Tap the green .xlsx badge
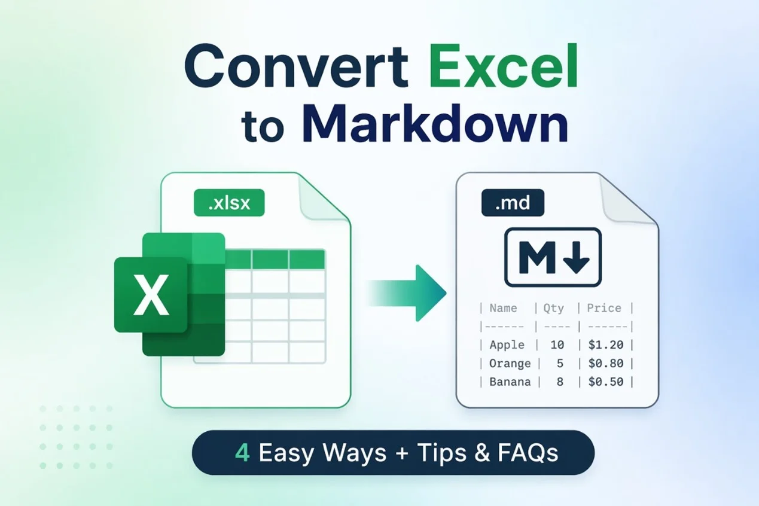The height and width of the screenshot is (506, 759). pyautogui.click(x=228, y=203)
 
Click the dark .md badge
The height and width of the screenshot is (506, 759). pyautogui.click(x=513, y=203)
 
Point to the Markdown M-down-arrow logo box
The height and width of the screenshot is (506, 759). pyautogui.click(x=553, y=257)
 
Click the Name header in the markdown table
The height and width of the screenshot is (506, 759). pyautogui.click(x=503, y=308)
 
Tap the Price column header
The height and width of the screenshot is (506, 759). pyautogui.click(x=603, y=308)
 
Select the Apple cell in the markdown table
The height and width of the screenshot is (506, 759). pyautogui.click(x=507, y=345)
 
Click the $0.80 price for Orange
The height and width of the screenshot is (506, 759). pyautogui.click(x=605, y=363)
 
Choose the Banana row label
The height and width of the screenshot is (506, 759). pyautogui.click(x=510, y=382)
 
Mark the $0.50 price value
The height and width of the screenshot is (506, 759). pyautogui.click(x=605, y=382)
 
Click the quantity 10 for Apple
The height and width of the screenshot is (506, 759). pyautogui.click(x=557, y=345)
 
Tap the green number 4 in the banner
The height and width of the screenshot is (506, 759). pyautogui.click(x=242, y=453)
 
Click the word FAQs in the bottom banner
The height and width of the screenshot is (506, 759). pyautogui.click(x=528, y=453)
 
